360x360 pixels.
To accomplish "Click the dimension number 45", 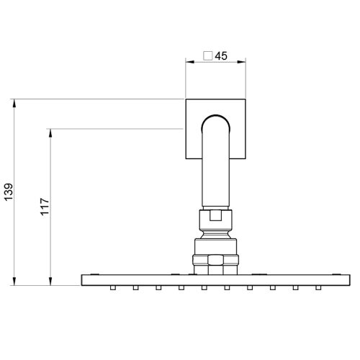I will [x=221, y=55].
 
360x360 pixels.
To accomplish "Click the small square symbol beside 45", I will [x=208, y=55].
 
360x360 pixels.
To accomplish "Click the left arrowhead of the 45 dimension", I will [x=189, y=63].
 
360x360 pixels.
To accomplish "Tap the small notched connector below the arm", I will [x=215, y=213].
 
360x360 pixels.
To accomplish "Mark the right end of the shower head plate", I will [x=346, y=279].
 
